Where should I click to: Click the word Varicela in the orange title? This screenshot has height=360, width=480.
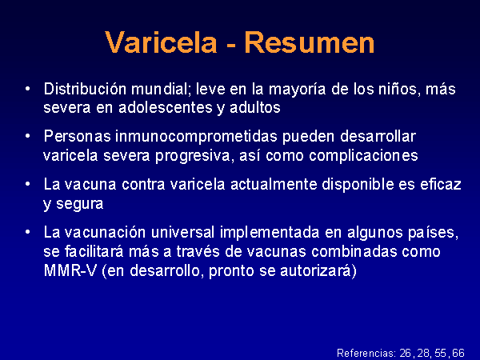161,42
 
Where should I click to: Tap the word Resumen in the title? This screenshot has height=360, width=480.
310,42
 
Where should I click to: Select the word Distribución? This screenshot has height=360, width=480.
85,89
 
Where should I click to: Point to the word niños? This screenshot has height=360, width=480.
397,89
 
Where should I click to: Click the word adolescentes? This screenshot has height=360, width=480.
166,108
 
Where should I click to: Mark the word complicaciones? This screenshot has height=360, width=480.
363,156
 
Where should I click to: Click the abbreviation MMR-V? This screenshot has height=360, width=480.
70,270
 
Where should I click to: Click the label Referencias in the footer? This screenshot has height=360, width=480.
366,353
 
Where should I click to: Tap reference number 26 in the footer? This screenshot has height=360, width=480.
406,353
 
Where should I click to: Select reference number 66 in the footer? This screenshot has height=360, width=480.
458,353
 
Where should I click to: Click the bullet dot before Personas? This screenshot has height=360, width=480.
28,136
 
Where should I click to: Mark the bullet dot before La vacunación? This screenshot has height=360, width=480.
28,232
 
